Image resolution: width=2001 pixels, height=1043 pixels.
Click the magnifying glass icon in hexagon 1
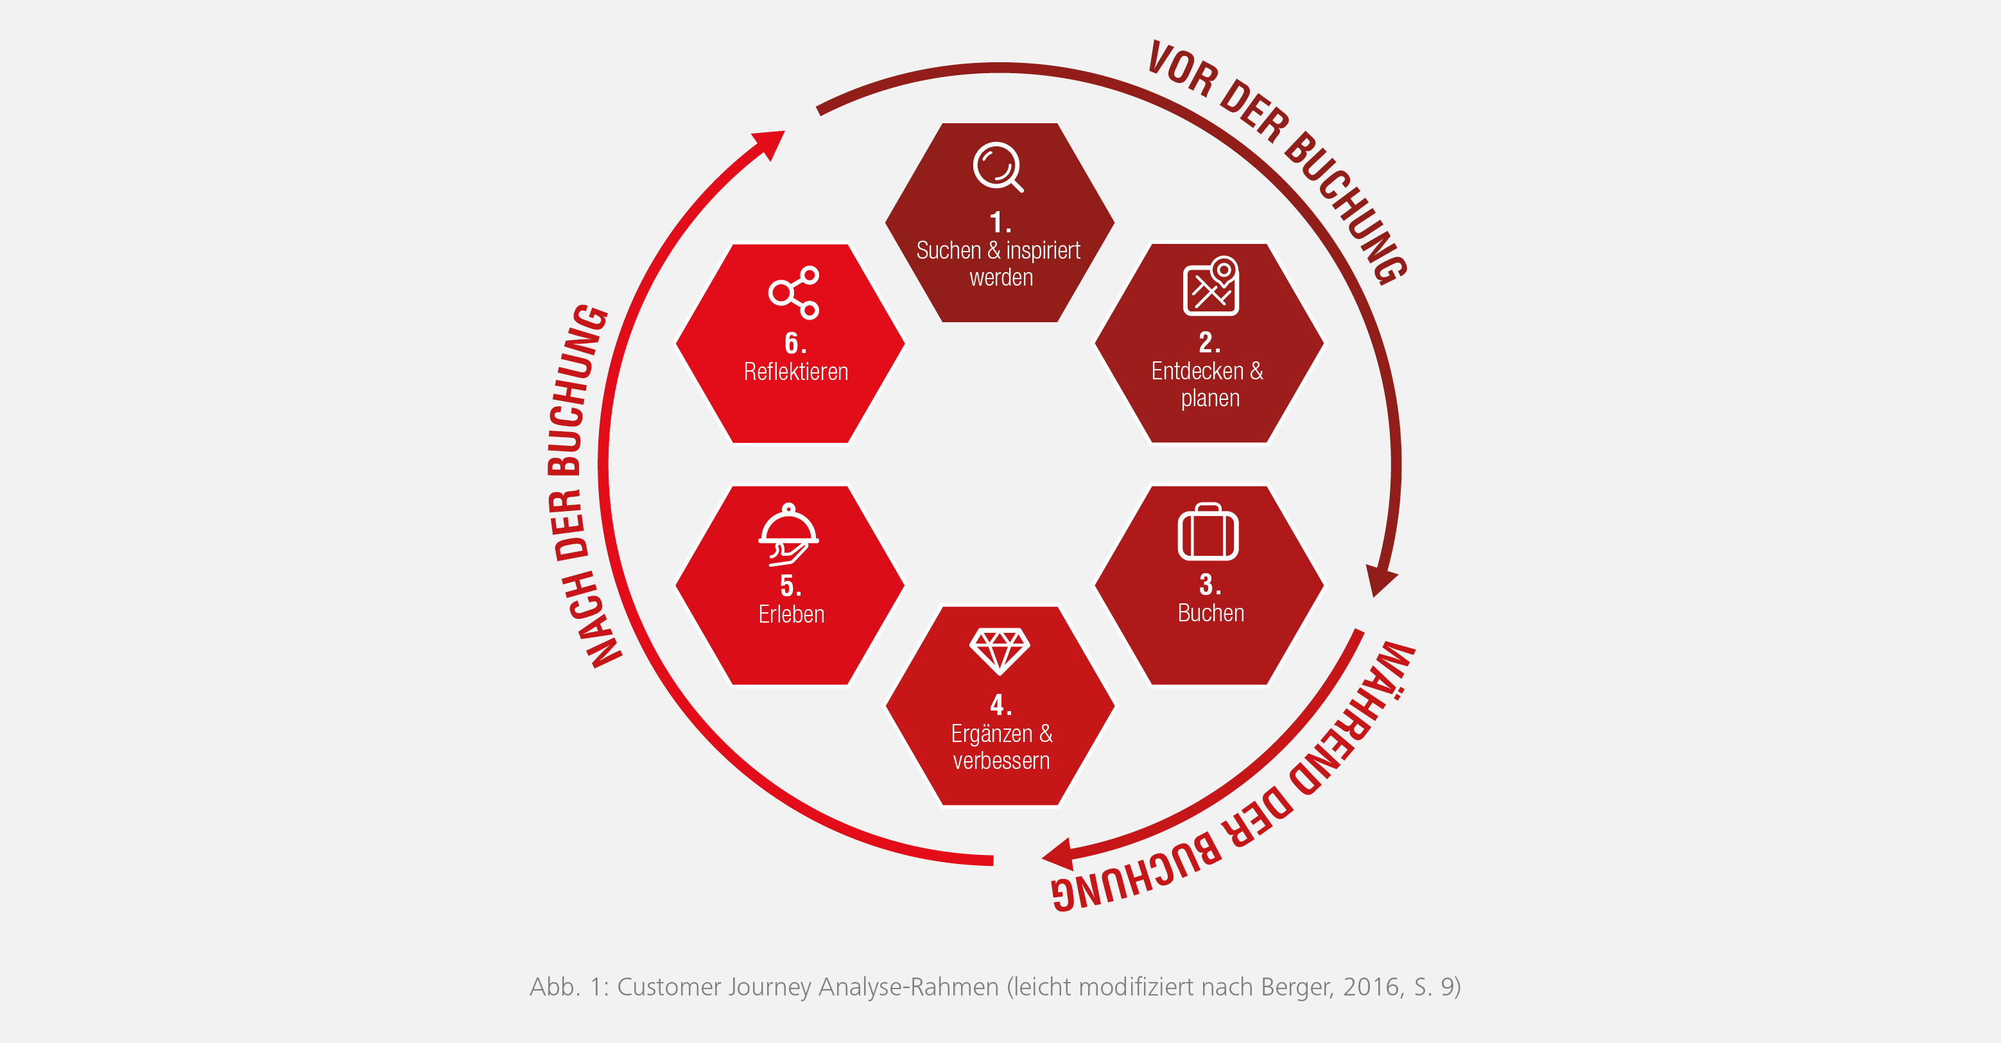(x=998, y=166)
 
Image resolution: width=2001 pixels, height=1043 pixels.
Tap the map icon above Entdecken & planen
(x=1210, y=286)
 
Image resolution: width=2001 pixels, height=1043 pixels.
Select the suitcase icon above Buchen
(x=1208, y=531)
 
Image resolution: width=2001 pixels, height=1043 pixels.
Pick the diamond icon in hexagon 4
(x=1000, y=651)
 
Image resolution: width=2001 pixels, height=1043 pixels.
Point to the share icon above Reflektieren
(x=794, y=293)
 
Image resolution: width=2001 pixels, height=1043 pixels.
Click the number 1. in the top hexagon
(x=1000, y=223)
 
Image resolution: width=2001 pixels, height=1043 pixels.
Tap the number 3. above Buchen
(x=1209, y=584)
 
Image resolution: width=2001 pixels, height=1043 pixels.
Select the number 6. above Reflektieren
(x=795, y=343)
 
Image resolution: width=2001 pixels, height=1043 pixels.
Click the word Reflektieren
(x=795, y=372)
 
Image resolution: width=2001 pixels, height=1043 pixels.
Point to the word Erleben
(x=791, y=614)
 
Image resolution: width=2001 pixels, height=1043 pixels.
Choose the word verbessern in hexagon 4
(x=1001, y=761)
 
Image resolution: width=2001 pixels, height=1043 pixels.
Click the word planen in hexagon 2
(x=1210, y=399)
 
